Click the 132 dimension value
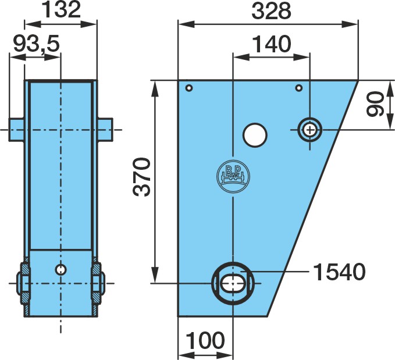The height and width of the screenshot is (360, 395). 61,9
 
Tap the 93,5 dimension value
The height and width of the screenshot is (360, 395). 37,44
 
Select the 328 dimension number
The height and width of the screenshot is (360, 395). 272,10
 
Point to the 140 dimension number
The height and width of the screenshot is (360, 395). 272,44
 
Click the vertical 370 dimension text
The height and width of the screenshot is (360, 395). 141,177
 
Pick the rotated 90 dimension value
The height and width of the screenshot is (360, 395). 374,104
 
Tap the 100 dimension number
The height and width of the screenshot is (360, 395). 205,340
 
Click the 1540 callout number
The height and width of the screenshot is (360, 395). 339,272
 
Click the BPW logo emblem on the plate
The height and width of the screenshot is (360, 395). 233,177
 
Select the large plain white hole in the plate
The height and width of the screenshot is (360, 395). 255,135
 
